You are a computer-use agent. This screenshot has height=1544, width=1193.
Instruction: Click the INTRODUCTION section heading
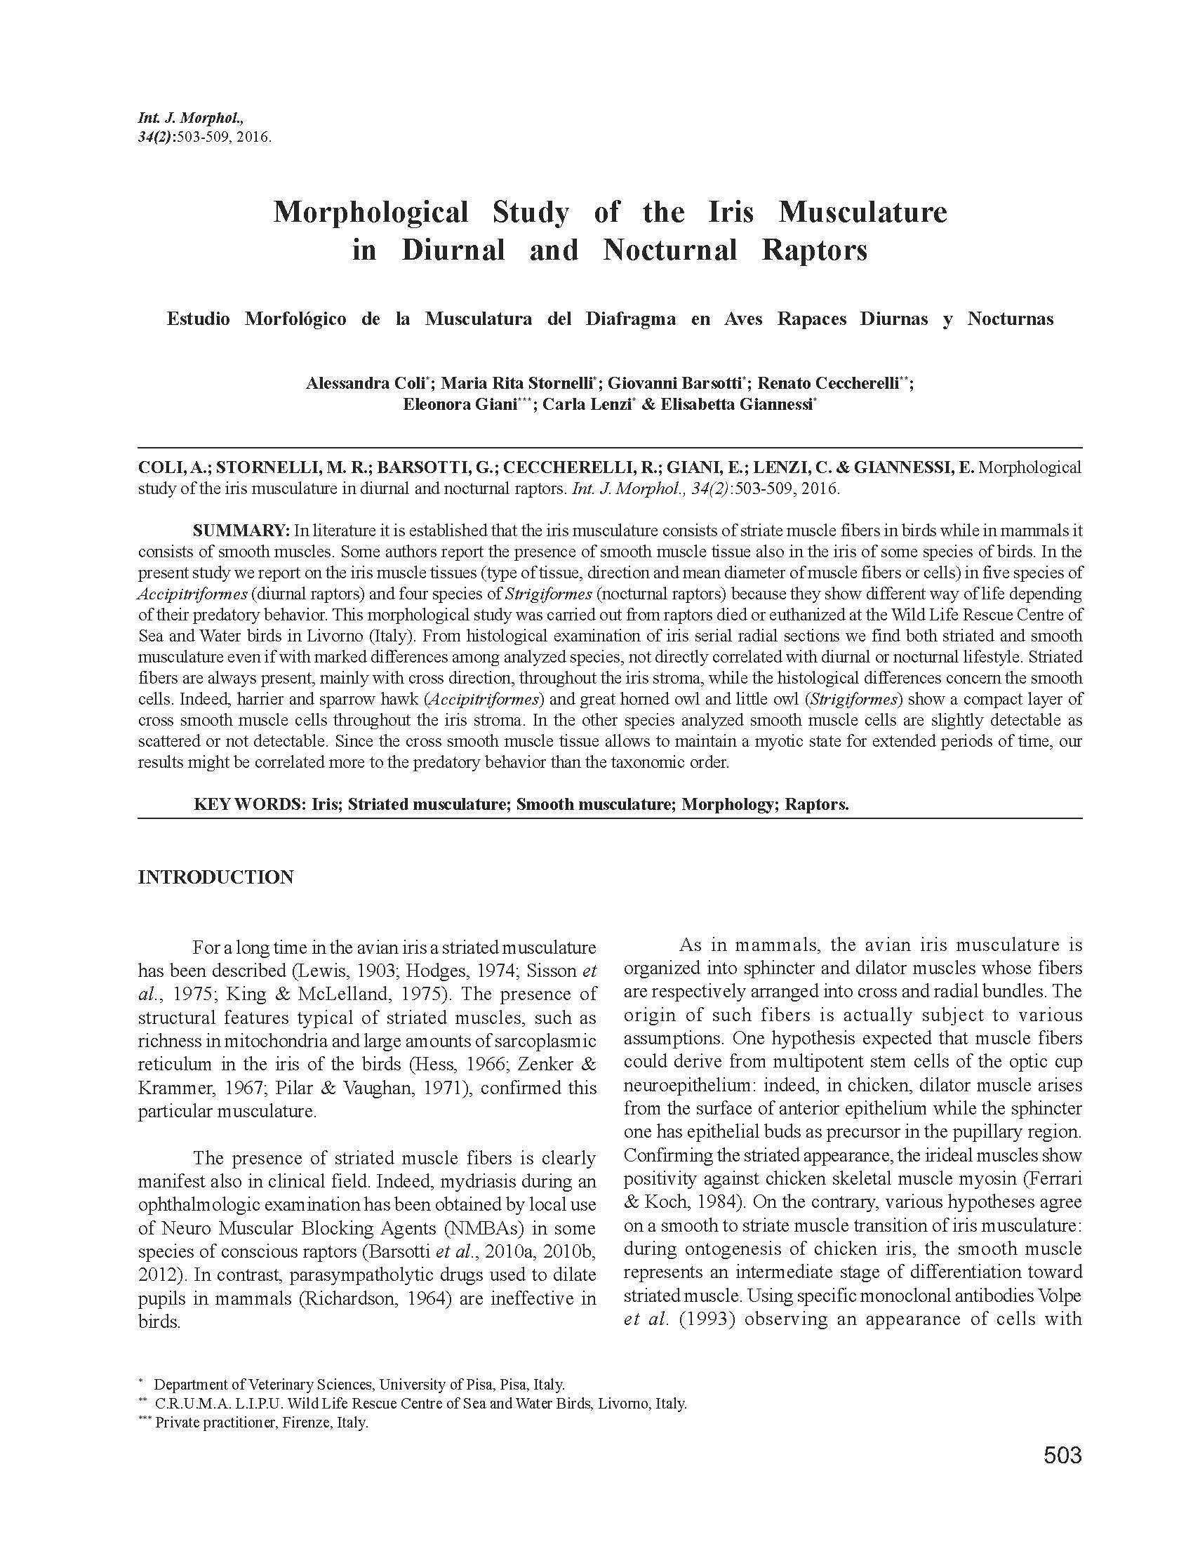point(215,877)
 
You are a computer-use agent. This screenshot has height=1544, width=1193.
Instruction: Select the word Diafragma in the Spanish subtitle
point(629,319)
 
